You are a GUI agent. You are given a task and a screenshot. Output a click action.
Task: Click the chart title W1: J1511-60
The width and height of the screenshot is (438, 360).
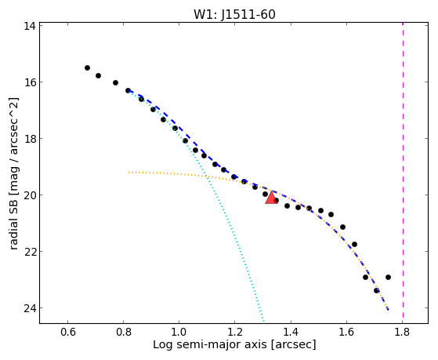(x=234, y=14)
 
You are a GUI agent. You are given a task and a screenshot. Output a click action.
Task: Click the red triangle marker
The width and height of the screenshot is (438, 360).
(x=271, y=198)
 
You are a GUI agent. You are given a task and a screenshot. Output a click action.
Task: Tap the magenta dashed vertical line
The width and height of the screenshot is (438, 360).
(x=403, y=170)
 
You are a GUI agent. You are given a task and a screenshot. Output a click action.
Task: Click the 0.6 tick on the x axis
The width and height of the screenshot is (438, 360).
(x=68, y=332)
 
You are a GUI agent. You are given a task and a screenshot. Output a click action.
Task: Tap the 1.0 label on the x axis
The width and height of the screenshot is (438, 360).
(x=179, y=332)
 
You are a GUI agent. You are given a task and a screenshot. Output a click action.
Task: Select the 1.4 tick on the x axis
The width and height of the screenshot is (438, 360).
(x=291, y=332)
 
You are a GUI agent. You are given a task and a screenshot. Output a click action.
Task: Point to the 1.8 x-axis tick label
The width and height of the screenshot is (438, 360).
(x=403, y=332)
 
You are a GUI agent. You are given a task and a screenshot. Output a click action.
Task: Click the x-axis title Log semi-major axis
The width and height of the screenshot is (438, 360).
(x=210, y=344)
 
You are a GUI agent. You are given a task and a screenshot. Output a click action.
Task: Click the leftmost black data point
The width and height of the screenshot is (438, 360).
(x=87, y=67)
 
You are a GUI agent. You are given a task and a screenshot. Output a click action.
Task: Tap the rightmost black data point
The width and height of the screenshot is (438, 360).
(x=388, y=277)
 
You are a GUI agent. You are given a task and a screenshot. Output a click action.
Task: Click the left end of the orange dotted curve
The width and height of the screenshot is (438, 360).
(x=129, y=173)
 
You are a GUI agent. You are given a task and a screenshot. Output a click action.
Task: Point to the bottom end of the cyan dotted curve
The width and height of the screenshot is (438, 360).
(x=263, y=321)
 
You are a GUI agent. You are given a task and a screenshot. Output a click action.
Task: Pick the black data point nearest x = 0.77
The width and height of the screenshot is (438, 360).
(x=115, y=83)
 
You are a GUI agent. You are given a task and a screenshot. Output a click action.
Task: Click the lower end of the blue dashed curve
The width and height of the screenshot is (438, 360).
(x=389, y=310)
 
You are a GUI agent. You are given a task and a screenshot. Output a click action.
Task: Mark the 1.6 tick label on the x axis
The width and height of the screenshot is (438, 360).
(x=346, y=332)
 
